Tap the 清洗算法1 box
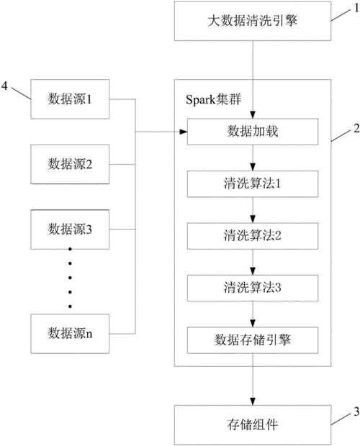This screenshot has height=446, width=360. tap(252, 184)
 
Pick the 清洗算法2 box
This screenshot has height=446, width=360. tap(252, 235)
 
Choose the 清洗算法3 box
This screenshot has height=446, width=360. tap(252, 286)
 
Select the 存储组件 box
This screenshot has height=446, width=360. tap(252, 424)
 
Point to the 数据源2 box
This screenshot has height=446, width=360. tap(70, 163)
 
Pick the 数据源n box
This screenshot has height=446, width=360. tap(70, 332)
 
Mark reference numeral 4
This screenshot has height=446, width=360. tap(6, 86)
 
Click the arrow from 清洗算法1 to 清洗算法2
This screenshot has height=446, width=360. tap(252, 210)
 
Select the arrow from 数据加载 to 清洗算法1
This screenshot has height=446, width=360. tap(252, 159)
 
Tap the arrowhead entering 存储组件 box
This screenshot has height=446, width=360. tap(252, 400)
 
